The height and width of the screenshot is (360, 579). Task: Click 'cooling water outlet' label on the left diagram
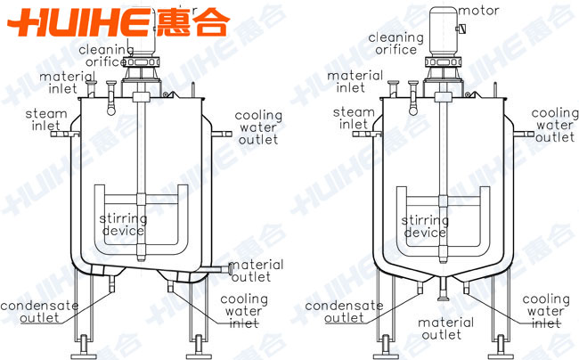coord(258,128)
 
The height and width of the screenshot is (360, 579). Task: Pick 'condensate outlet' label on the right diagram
coord(344,311)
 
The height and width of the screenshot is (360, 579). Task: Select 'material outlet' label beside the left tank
coord(257,270)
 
